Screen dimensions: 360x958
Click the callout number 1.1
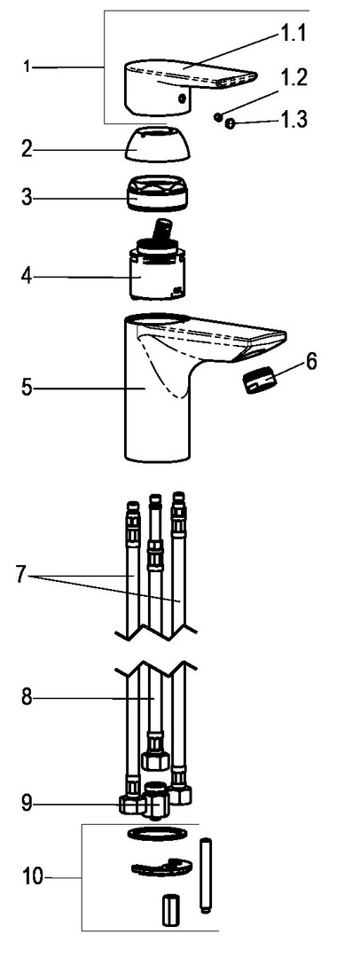[x=293, y=34]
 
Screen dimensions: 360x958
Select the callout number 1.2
[x=294, y=78]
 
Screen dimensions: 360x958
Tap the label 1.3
[x=294, y=119]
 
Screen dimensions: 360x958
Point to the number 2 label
[x=27, y=148]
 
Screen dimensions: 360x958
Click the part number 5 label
[x=27, y=388]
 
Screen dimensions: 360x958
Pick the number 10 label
[x=33, y=877]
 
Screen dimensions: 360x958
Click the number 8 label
[x=27, y=697]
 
